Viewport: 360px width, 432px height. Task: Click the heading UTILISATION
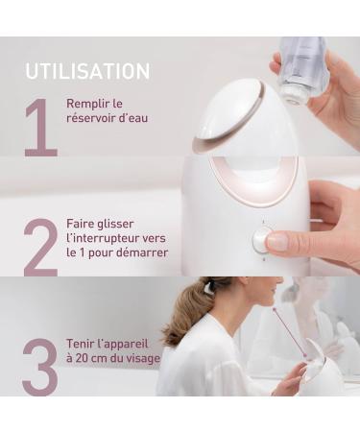coord(87,72)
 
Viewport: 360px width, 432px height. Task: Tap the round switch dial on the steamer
coord(261,239)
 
